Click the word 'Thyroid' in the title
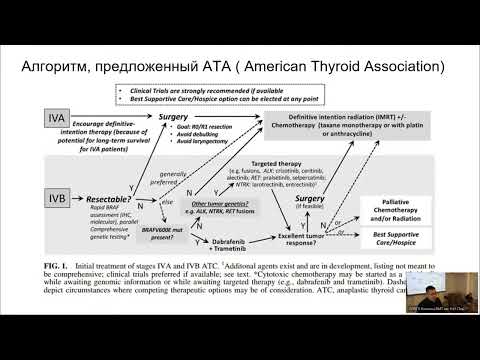[337, 68]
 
